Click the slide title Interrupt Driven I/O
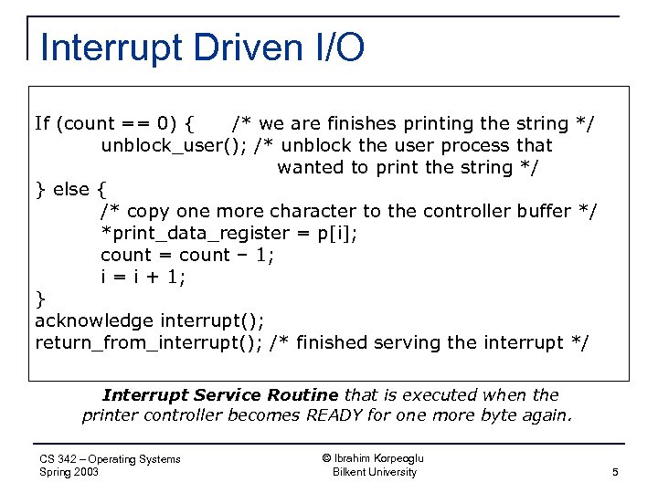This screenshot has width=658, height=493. point(202,47)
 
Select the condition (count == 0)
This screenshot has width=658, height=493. point(118,123)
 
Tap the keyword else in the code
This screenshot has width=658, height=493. point(71,190)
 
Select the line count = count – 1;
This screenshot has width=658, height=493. point(187,256)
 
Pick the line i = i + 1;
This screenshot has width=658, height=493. point(143,278)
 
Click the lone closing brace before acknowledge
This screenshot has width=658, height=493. point(39,299)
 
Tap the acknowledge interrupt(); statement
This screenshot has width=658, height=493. point(150,321)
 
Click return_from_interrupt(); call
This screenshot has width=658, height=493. point(149,343)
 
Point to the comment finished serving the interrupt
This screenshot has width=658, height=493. point(430,343)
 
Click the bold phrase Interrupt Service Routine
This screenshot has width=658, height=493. point(220,395)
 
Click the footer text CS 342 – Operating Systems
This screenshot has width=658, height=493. point(111,459)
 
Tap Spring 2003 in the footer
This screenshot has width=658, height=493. point(69,472)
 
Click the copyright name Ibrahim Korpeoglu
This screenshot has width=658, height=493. point(374,458)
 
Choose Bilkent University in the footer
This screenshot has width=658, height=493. point(374,472)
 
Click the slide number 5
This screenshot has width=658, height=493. point(615,472)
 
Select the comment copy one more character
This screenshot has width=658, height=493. point(348,212)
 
